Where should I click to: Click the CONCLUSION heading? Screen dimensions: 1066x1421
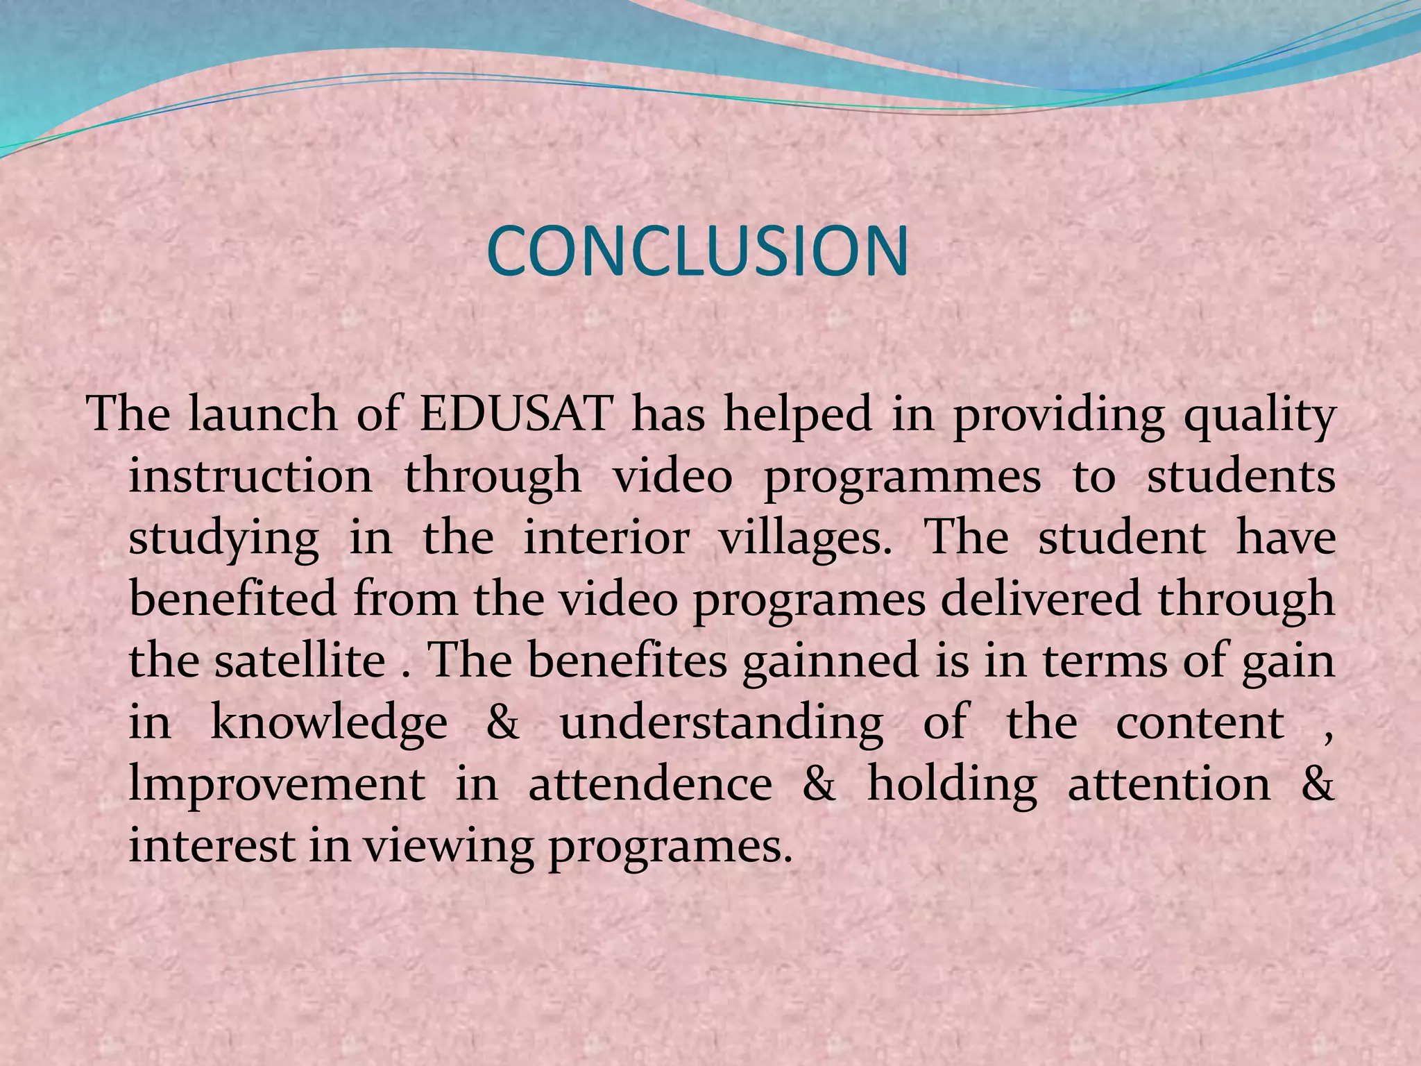coord(698,251)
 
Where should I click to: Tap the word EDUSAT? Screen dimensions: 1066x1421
coord(516,414)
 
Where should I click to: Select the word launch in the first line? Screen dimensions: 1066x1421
coord(263,414)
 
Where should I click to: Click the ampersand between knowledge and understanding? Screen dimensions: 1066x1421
coord(503,722)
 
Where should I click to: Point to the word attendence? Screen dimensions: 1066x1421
coord(650,784)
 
